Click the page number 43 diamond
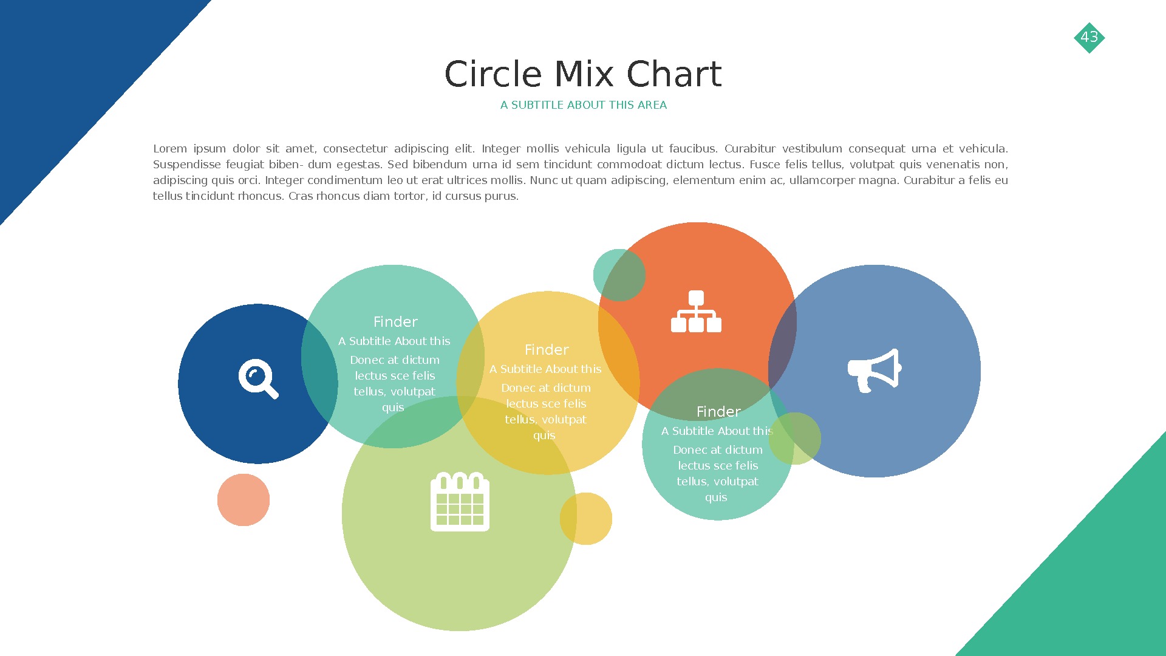coord(1089,38)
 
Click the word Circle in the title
coord(493,75)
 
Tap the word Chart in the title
coord(673,75)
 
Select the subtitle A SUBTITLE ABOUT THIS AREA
coord(583,105)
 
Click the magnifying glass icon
coord(258,379)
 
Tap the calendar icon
coord(460,502)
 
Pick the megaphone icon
coord(874,370)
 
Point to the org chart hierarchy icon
coord(696,312)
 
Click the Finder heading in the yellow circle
coord(547,350)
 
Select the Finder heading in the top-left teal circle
coord(395,322)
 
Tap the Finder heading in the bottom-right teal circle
coord(718,412)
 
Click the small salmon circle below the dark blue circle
coord(244,500)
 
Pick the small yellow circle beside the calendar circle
coord(586,519)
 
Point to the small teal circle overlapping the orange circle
coord(619,275)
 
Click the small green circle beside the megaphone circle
coord(795,439)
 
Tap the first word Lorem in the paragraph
coord(170,149)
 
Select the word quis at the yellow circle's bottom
coord(544,436)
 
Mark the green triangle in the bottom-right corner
coord(1093,583)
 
